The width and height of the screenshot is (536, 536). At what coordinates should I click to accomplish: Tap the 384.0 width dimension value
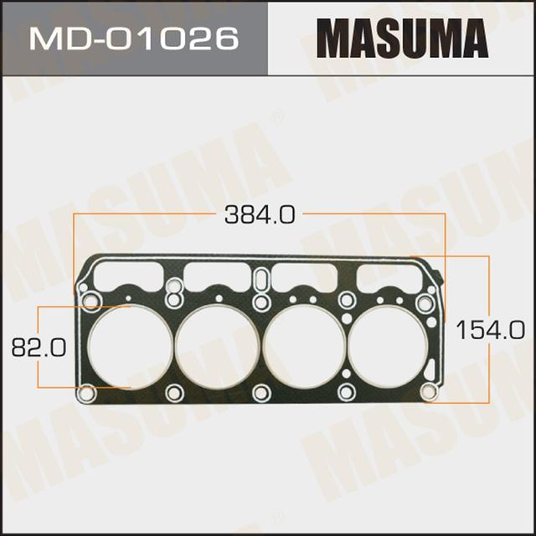tap(260, 215)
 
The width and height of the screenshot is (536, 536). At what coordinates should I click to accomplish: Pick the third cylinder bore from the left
tap(304, 345)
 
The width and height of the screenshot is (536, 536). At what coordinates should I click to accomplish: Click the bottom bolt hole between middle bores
tap(260, 392)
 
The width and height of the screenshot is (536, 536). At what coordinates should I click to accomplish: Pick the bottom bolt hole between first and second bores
tap(173, 392)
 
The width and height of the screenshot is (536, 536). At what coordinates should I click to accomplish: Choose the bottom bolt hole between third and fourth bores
tap(347, 392)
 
